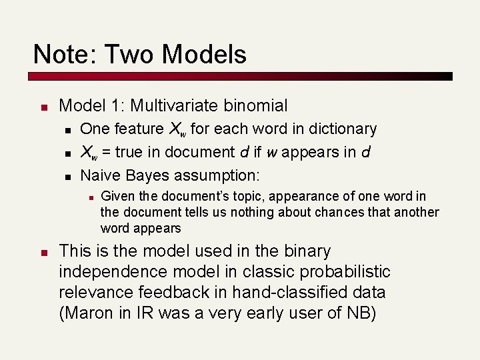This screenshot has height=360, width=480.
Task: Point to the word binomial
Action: point(257,105)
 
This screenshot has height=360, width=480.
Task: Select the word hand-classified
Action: point(288,293)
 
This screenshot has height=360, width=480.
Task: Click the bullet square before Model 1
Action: point(42,107)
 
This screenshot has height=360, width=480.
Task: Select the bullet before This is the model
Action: point(42,253)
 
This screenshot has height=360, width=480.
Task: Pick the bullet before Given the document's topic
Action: point(89,197)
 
